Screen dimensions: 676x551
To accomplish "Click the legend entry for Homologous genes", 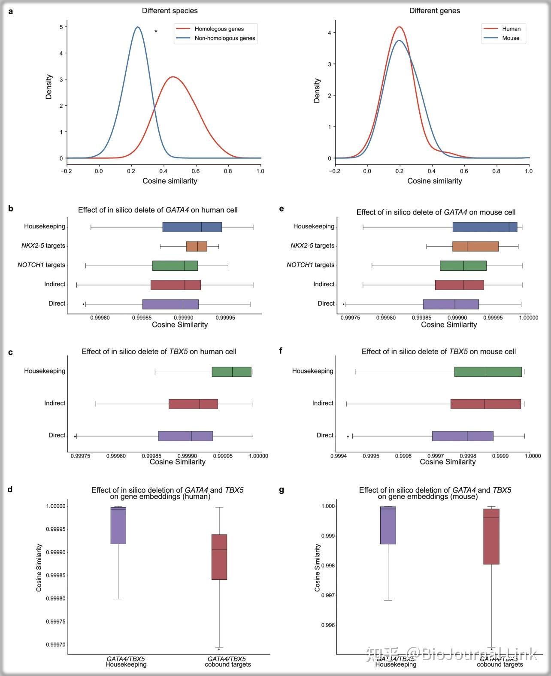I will (x=219, y=29).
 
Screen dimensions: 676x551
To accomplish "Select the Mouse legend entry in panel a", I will (x=511, y=38).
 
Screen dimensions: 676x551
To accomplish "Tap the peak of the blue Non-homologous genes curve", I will (x=137, y=27).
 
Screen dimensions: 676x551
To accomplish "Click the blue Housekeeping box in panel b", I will (x=192, y=227).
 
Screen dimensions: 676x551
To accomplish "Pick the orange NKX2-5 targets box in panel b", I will (x=197, y=246).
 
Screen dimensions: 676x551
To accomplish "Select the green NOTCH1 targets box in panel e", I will (x=463, y=266).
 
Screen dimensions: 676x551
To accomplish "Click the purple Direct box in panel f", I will (x=463, y=436).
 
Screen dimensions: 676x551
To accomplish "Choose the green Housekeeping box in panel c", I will (x=231, y=372).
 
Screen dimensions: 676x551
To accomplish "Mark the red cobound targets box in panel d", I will (x=219, y=557).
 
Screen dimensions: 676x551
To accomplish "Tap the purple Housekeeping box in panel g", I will (x=388, y=525).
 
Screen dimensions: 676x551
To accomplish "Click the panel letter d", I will (x=10, y=489).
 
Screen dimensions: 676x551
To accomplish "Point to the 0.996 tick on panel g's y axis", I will (x=328, y=625).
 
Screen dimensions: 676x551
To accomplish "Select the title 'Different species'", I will (x=170, y=11).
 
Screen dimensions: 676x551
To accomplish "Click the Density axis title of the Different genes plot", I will (x=317, y=91).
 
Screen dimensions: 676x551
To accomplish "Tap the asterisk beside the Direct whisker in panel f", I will (x=348, y=437).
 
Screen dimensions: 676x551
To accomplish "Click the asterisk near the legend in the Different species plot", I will (x=156, y=32).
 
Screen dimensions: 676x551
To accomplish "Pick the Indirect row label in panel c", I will (x=54, y=403).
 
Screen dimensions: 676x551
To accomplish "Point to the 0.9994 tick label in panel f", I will (x=339, y=456).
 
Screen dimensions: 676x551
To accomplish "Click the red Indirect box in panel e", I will (x=459, y=285).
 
